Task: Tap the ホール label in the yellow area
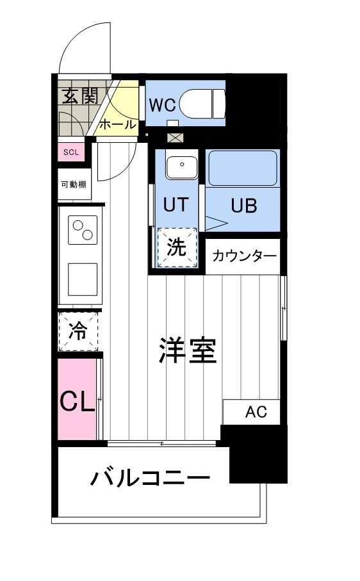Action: tap(118, 124)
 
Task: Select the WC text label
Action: tap(163, 104)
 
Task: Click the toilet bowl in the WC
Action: tap(201, 103)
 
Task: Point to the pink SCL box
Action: tap(70, 152)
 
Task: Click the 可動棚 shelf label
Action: tap(74, 184)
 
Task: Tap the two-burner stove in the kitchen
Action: tap(83, 230)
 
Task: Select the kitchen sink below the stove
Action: tap(82, 279)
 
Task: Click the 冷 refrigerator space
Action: tap(78, 332)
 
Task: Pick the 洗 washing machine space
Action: tap(177, 247)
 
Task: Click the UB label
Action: tap(243, 206)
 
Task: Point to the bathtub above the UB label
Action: tap(243, 168)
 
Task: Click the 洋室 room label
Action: tap(188, 350)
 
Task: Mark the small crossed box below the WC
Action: tap(175, 138)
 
